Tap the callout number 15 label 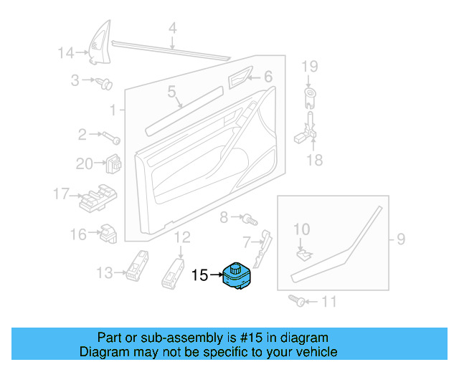(199, 275)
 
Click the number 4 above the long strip (172, 29)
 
